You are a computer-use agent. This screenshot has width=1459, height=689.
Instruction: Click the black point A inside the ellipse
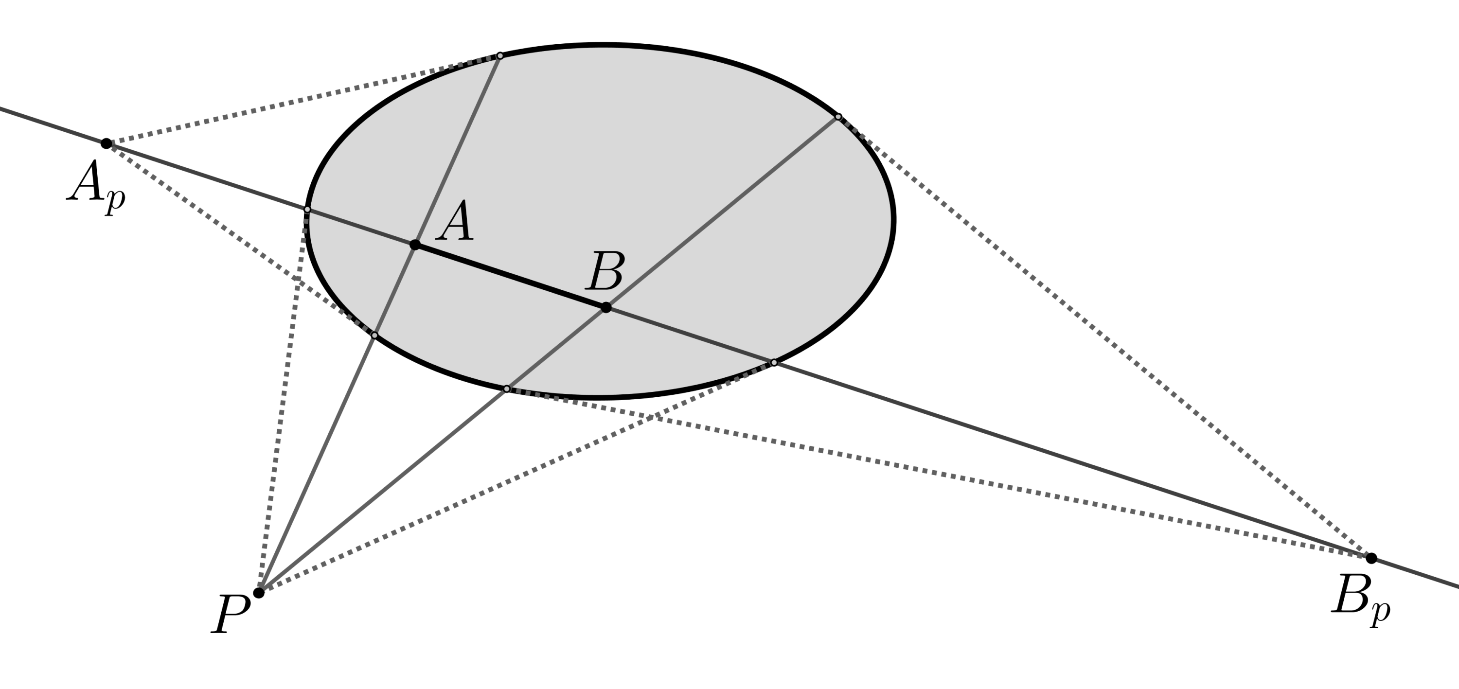(414, 245)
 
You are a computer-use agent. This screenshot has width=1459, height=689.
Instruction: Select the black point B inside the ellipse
(606, 307)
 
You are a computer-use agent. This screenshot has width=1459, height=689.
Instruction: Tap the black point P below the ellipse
(259, 593)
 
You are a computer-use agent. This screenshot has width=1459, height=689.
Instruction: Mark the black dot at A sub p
(107, 143)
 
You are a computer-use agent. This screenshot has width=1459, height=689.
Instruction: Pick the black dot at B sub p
(1371, 558)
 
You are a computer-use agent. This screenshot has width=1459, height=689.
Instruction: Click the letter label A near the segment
(457, 221)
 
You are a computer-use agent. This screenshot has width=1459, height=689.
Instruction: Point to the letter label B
(605, 272)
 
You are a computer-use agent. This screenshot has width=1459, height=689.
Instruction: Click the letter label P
(230, 614)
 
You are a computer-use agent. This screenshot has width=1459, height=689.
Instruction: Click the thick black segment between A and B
(510, 276)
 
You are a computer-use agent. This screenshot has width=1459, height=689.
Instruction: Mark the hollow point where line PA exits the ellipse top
(499, 55)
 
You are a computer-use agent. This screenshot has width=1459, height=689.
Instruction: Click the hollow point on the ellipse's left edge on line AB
(307, 210)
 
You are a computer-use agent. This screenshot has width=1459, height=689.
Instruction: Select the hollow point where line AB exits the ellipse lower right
(774, 362)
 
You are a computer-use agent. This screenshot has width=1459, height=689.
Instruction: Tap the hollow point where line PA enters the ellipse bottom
(374, 335)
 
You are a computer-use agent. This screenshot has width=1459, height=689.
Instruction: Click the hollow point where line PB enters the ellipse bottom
(507, 389)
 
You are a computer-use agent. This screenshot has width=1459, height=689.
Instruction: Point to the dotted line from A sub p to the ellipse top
(300, 99)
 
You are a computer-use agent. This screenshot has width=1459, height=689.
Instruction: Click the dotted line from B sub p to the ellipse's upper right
(1104, 337)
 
